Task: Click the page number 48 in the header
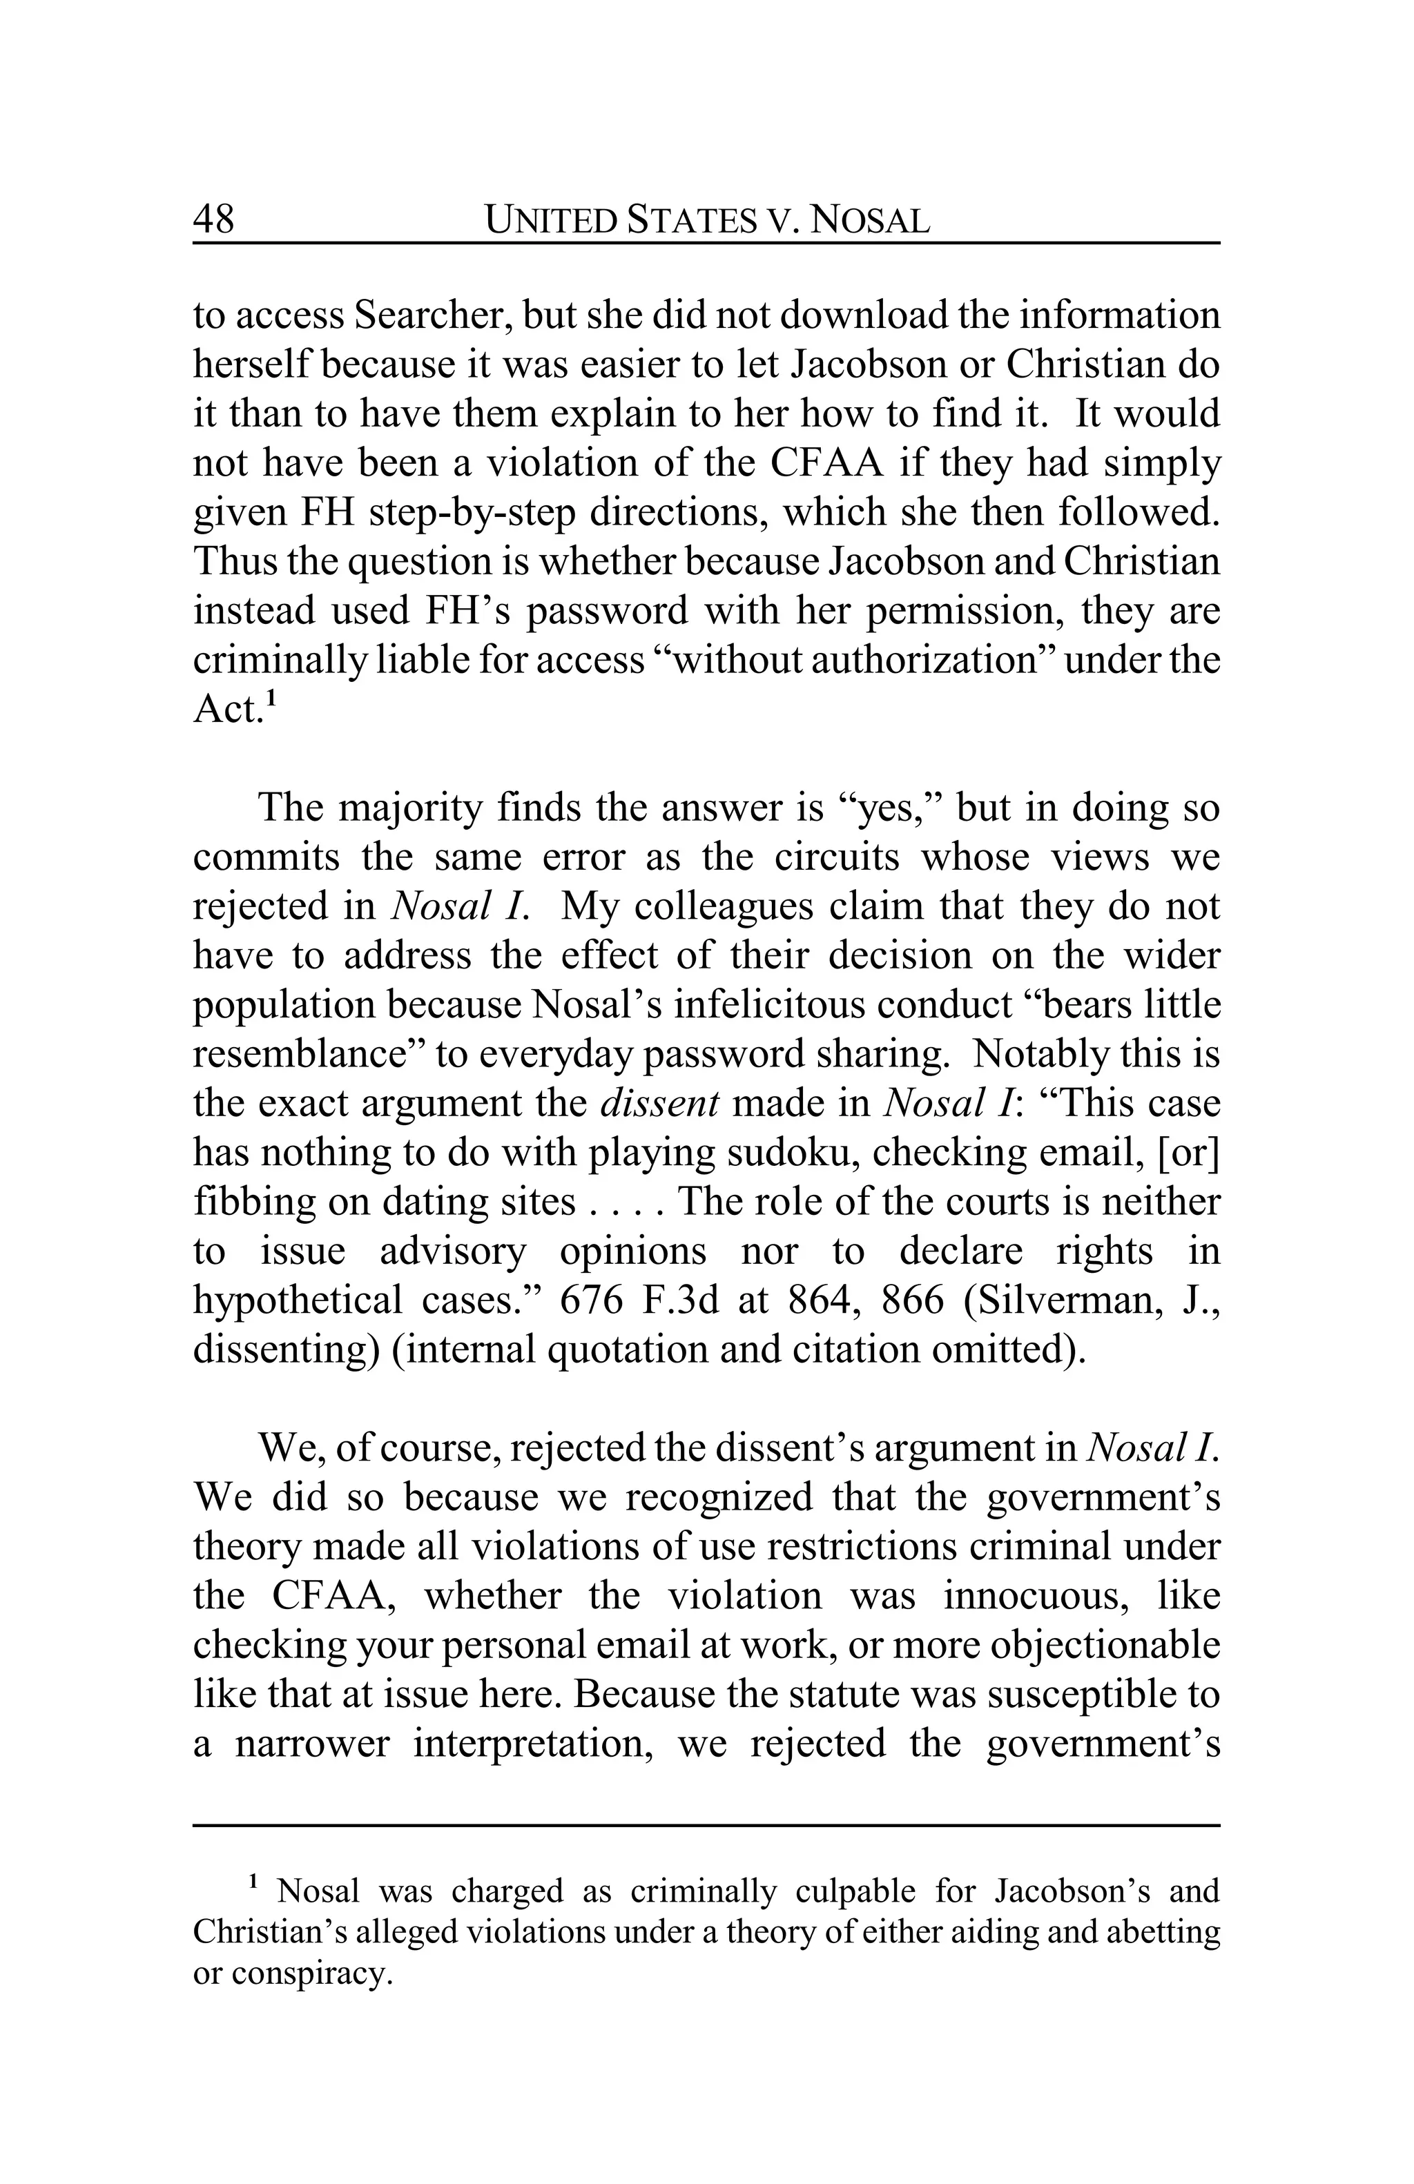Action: pyautogui.click(x=214, y=220)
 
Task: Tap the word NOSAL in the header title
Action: pyautogui.click(x=872, y=220)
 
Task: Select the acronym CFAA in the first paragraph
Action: pyautogui.click(x=825, y=463)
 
